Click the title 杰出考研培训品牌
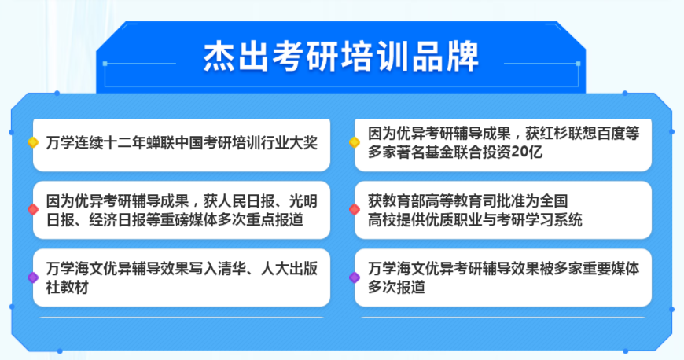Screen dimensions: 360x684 (x=340, y=57)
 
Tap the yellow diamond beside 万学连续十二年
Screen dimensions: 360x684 (x=32, y=143)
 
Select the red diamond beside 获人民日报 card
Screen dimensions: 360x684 (x=32, y=209)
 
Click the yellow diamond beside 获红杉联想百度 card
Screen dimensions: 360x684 (x=355, y=142)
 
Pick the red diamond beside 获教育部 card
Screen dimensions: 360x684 (x=355, y=209)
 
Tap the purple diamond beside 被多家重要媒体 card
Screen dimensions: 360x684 (x=355, y=277)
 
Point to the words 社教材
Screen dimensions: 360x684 (x=67, y=287)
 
